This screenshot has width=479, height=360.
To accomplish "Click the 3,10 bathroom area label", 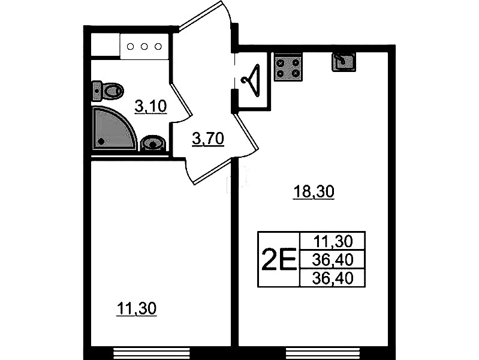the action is coord(150,107).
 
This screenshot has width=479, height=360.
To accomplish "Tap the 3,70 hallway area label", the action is coord(208,139).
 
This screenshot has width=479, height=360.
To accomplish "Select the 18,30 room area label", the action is coord(314,192).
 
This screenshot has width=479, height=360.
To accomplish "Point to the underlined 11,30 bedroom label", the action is coord(137,308).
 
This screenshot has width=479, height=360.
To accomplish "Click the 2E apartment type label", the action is coord(279,259).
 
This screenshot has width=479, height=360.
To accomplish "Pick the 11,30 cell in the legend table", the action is coord(333,241).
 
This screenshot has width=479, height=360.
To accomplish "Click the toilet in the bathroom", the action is coord(107,91).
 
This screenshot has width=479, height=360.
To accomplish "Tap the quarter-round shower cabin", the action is coord(113,128).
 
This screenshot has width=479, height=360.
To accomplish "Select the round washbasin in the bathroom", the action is coord(153,143).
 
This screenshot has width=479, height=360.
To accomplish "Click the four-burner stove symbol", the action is coord(288,68).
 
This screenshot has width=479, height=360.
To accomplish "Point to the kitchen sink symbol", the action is coord(344,62).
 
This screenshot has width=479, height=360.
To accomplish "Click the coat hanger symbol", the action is coord(251,80).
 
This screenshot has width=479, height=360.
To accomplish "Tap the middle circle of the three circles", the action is coord(144,46).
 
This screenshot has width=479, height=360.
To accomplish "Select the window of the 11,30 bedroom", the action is coord(152,353).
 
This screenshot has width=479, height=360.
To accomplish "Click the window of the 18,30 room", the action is coord(324,353).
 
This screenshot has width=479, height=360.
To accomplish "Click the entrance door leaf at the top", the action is coord(200,15).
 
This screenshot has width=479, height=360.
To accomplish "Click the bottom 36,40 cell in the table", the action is coord(333,278).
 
